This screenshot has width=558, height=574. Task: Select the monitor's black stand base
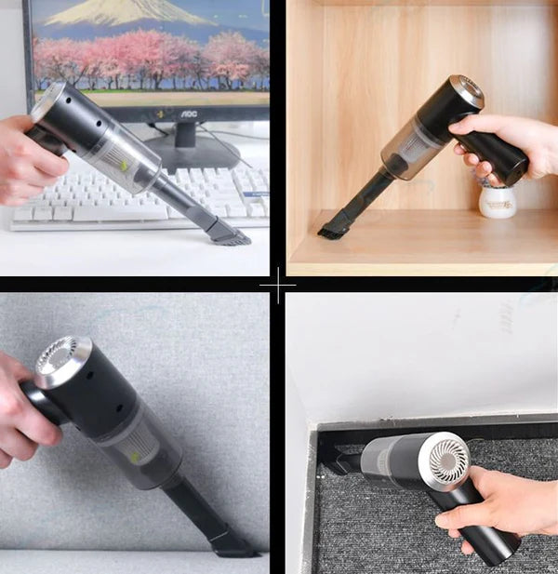pos(191,154)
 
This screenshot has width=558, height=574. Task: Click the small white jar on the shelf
pos(498,200)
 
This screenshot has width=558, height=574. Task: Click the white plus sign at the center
pos(278,287)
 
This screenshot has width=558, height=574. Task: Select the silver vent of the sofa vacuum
pos(63,360)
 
